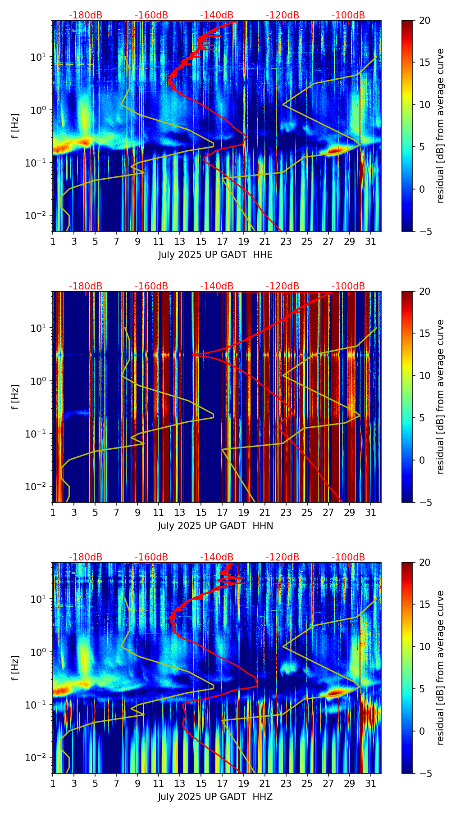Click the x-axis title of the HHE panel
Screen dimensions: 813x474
pyautogui.click(x=215, y=255)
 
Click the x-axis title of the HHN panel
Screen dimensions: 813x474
pyautogui.click(x=215, y=526)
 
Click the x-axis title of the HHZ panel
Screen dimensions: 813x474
pyautogui.click(x=215, y=797)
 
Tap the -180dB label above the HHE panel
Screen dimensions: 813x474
pyautogui.click(x=86, y=15)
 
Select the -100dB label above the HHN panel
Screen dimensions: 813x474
pyautogui.click(x=348, y=286)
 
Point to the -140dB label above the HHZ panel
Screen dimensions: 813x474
pyautogui.click(x=217, y=557)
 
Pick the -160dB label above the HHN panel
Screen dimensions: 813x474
pyautogui.click(x=151, y=286)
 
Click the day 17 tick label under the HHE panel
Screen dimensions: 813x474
pyautogui.click(x=222, y=241)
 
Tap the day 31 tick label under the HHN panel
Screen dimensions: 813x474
pyautogui.click(x=370, y=512)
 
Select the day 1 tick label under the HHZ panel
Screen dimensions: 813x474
pyautogui.click(x=53, y=783)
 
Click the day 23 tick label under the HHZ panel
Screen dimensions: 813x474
pyautogui.click(x=286, y=783)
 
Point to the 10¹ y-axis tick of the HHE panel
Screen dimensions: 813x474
pyautogui.click(x=38, y=57)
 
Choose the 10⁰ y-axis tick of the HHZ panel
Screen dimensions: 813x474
pyautogui.click(x=38, y=652)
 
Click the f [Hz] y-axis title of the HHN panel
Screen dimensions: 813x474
pyautogui.click(x=15, y=397)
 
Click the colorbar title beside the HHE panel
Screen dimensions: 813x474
pyautogui.click(x=440, y=126)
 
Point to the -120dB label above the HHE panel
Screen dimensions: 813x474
pyautogui.click(x=283, y=15)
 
